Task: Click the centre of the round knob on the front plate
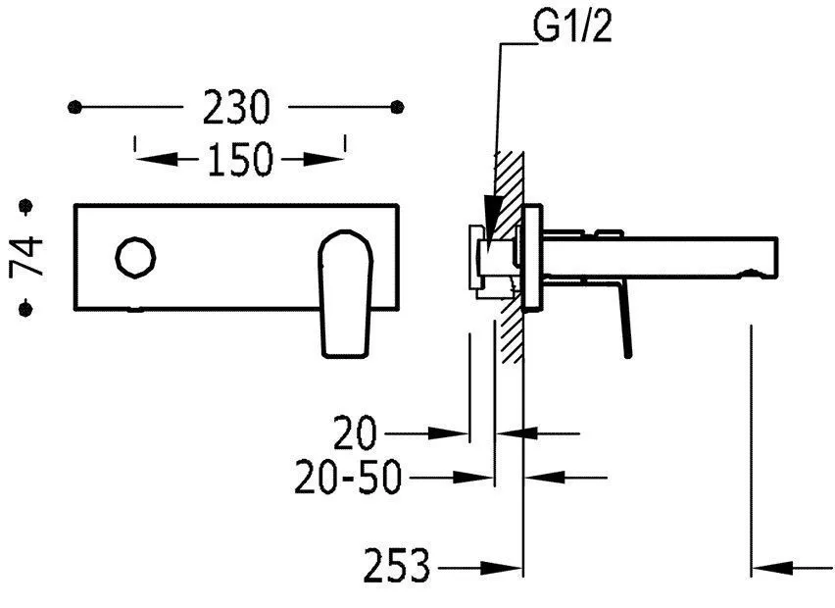(x=136, y=257)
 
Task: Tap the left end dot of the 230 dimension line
(x=75, y=107)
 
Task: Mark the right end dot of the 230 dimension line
(x=397, y=107)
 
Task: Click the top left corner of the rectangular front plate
(x=74, y=205)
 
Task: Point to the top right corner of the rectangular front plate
(x=398, y=205)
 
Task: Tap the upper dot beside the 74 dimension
(x=25, y=206)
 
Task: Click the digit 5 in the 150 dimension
(x=240, y=159)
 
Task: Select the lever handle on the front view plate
(x=346, y=293)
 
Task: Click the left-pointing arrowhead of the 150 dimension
(x=157, y=159)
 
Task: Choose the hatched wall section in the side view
(x=509, y=257)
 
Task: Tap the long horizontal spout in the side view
(x=661, y=257)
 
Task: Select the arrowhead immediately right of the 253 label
(x=501, y=569)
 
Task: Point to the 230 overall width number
(x=236, y=108)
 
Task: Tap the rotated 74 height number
(x=26, y=257)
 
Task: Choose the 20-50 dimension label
(x=347, y=477)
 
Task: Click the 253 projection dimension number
(x=397, y=566)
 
